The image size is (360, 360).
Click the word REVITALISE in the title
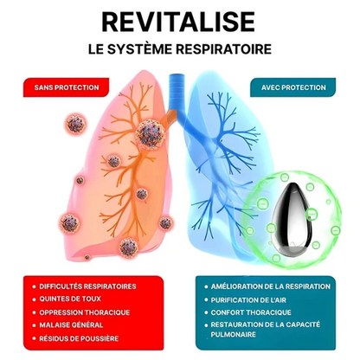tap(178, 22)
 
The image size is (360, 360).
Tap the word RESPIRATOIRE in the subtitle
tap(223, 49)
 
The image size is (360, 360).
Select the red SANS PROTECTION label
tap(66, 87)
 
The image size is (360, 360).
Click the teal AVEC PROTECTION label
tap(293, 87)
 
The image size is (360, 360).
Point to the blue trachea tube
tap(176, 93)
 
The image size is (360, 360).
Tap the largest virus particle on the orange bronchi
tap(151, 134)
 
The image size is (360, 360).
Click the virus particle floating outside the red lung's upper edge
tap(75, 123)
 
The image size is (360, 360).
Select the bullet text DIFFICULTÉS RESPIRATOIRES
tap(87, 286)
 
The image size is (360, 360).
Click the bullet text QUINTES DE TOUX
tap(70, 299)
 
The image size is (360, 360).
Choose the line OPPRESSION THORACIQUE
tap(85, 312)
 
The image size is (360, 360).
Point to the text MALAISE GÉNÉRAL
tap(71, 325)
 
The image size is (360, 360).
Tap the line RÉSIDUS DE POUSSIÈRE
tap(79, 338)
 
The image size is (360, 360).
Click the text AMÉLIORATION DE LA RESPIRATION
tap(271, 286)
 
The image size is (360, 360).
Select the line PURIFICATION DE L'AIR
tap(248, 300)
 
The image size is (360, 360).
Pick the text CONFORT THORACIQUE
tap(251, 312)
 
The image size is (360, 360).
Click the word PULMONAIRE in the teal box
tap(234, 335)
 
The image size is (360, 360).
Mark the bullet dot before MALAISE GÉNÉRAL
tap(34, 325)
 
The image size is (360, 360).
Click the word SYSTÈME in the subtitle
tap(140, 49)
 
